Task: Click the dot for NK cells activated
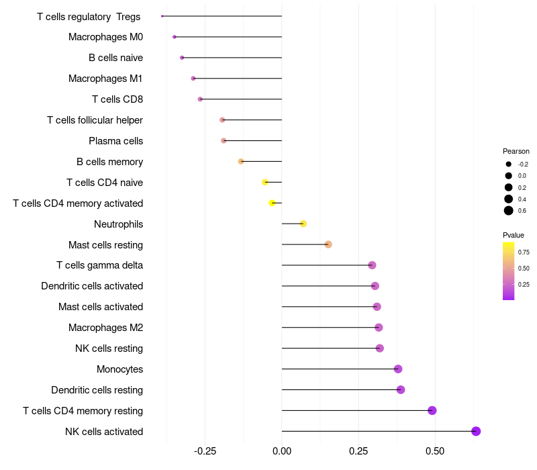476,431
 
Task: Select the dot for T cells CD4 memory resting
432,410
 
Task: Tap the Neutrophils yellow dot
303,224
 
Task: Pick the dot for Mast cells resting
328,244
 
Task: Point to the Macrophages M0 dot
175,37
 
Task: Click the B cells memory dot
241,161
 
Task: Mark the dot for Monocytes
398,369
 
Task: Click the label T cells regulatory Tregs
89,16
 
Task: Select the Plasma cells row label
115,141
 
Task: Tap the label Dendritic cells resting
97,390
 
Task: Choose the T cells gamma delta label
99,265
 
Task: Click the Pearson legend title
516,151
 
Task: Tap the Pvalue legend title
514,235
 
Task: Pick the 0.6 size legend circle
509,211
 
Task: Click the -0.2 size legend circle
509,164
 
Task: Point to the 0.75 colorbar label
524,252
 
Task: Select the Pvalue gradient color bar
509,271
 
